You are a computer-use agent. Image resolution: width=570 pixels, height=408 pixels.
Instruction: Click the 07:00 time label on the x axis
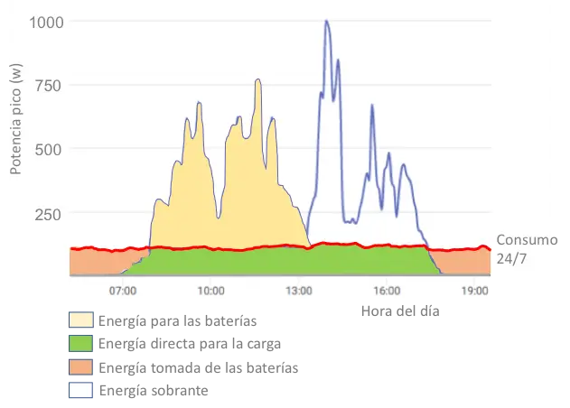(x=122, y=291)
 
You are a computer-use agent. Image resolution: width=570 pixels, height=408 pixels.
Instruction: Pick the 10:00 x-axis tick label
(x=210, y=291)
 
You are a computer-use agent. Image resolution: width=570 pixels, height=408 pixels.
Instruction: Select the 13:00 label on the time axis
(x=299, y=291)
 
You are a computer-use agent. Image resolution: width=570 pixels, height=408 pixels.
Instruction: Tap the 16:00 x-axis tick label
(x=387, y=291)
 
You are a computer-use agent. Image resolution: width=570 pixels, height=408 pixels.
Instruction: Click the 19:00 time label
(x=475, y=291)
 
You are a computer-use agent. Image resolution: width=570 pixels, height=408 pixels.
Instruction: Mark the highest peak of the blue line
(x=326, y=22)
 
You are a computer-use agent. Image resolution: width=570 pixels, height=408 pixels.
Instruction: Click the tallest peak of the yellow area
(x=258, y=80)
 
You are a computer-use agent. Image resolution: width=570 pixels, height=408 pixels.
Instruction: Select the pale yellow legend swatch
(x=80, y=320)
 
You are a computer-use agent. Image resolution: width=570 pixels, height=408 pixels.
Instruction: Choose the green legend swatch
(x=80, y=344)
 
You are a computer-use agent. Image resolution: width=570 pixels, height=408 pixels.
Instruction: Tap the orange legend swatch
(x=80, y=367)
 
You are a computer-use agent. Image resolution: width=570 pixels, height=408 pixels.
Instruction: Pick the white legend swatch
(x=80, y=390)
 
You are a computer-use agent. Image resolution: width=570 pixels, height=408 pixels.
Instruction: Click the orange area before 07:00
(x=90, y=263)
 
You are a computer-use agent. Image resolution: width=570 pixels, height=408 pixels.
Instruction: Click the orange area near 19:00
(x=470, y=263)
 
